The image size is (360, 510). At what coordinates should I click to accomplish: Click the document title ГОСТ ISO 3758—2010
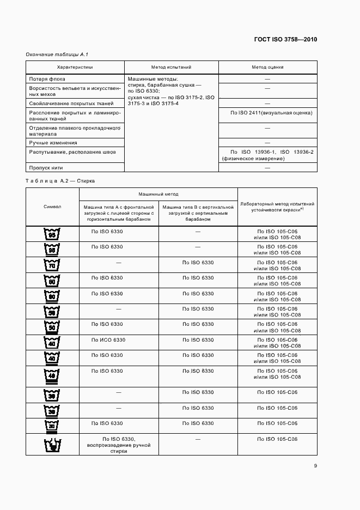tap(286, 39)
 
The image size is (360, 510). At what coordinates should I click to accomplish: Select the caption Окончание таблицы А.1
tap(57, 55)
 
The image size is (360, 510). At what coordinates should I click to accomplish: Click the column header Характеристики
tap(75, 68)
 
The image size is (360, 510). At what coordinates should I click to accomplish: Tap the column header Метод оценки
tap(267, 68)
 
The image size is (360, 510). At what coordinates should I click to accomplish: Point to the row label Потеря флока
tap(47, 79)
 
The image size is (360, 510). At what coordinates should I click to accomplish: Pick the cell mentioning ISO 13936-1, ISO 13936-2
tap(267, 155)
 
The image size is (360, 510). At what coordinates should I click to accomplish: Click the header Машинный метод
tap(158, 194)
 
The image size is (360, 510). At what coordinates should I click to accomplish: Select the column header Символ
tap(52, 207)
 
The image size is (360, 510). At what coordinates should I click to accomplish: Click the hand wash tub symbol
tap(52, 445)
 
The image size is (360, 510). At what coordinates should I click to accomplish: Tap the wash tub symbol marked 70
tap(52, 265)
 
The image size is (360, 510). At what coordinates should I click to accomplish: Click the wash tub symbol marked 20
tap(52, 426)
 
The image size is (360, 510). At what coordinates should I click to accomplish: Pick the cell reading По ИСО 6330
tap(109, 339)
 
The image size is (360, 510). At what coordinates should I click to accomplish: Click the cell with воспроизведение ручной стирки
tap(119, 445)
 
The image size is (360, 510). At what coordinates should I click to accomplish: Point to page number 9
tap(315, 466)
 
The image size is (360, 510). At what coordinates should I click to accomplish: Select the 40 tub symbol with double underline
tap(52, 377)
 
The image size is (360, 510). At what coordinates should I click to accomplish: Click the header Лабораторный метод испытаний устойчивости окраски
tap(277, 207)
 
